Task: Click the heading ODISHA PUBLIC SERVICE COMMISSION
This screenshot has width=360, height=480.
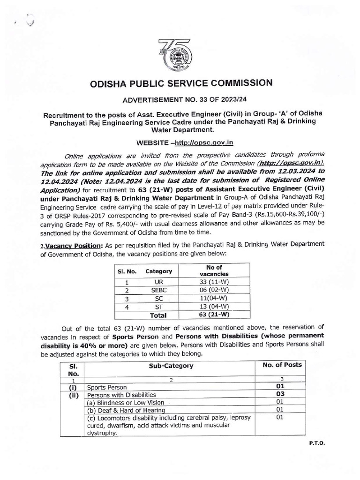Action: click(180, 83)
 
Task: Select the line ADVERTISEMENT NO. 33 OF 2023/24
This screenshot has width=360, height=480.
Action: click(180, 100)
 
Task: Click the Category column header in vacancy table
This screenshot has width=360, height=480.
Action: click(158, 271)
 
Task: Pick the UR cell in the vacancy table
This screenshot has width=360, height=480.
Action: click(158, 282)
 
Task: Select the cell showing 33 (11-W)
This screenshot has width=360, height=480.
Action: click(214, 282)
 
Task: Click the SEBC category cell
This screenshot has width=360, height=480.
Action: click(158, 291)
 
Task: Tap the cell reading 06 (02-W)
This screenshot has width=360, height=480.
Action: click(214, 291)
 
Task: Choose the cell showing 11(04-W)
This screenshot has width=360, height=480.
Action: click(214, 299)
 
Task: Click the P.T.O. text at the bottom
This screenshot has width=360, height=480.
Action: click(317, 442)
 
